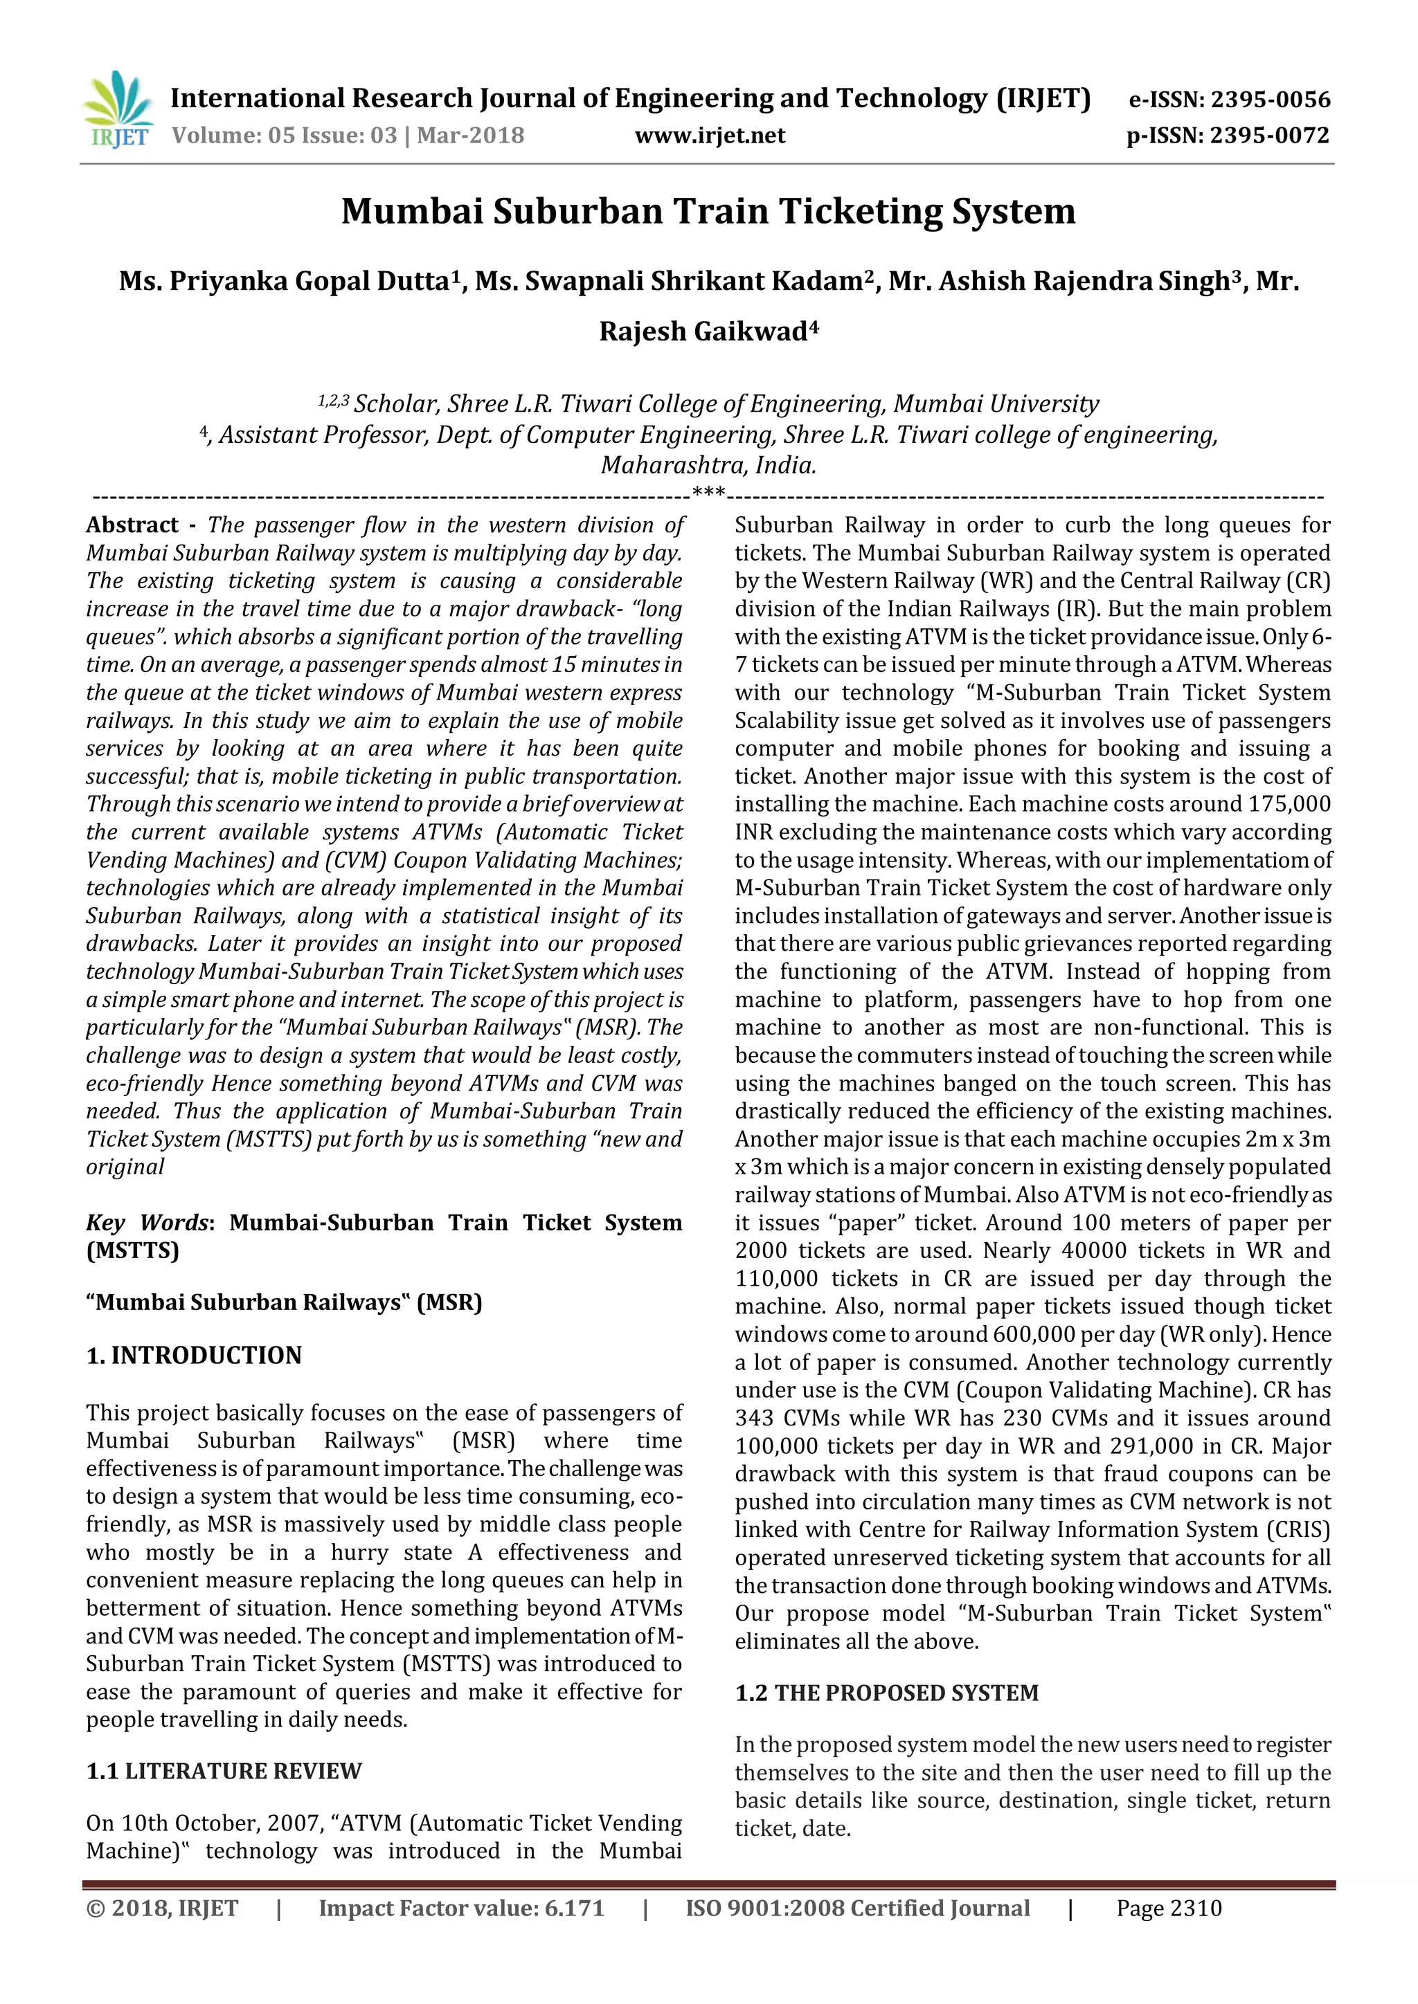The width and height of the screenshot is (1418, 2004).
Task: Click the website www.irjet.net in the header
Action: (x=709, y=136)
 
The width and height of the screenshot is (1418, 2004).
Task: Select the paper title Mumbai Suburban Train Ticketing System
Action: (x=708, y=211)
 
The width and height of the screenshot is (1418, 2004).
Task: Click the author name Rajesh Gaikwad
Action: (x=703, y=331)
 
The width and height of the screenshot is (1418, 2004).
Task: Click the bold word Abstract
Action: (x=132, y=525)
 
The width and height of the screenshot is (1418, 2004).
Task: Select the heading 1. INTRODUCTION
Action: (x=194, y=1355)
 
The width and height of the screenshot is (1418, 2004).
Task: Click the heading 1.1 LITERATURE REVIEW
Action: (x=224, y=1771)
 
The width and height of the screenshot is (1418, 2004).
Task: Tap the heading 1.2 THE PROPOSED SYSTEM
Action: (x=886, y=1693)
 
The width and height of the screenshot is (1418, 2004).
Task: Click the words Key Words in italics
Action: (x=147, y=1222)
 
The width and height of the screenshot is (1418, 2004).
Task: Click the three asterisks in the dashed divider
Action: (x=708, y=494)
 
